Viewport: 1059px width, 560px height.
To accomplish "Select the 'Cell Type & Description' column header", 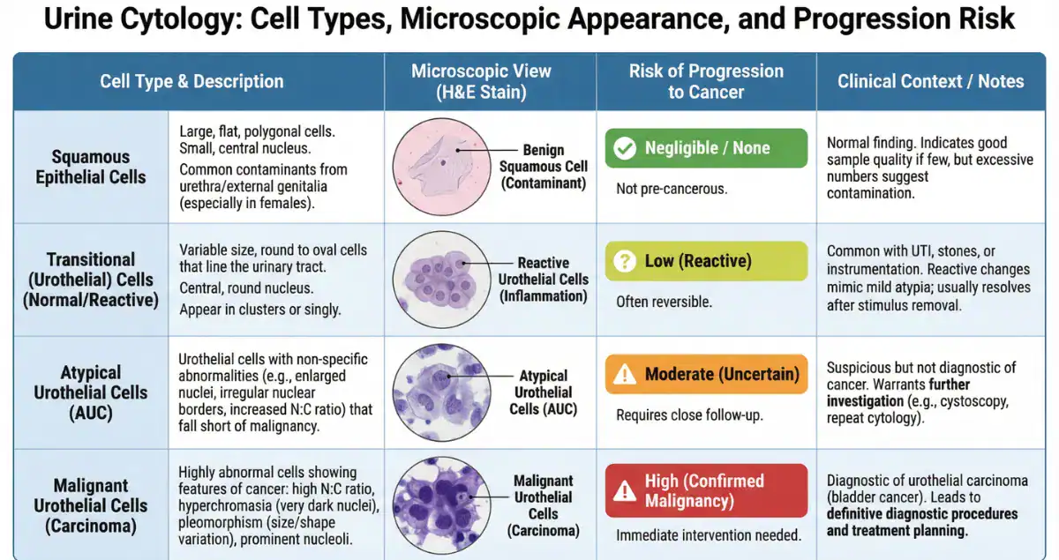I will coord(192,82).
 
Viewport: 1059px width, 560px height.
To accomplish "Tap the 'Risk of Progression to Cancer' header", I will coord(705,81).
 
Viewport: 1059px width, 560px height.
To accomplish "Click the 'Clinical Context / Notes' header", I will coord(930,81).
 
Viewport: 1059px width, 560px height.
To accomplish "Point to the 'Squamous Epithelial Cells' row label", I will coord(90,167).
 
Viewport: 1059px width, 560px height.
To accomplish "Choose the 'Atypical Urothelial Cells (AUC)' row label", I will coord(90,392).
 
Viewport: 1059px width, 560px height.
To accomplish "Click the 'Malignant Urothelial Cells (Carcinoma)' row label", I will coord(90,505).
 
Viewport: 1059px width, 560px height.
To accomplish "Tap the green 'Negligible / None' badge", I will coord(706,148).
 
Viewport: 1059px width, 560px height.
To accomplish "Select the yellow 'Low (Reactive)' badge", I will coord(706,261).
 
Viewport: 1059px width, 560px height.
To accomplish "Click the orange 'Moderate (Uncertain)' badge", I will coord(706,374).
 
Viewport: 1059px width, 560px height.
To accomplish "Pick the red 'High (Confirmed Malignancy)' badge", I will coord(706,490).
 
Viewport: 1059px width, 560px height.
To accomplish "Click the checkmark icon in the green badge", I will coord(625,148).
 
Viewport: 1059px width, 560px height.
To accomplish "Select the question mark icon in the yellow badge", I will coord(625,261).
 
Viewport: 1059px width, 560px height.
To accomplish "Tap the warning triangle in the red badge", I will coord(625,490).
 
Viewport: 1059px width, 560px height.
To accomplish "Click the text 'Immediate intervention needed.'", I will coord(708,535).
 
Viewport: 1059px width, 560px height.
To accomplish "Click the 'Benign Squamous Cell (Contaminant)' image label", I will coord(543,167).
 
